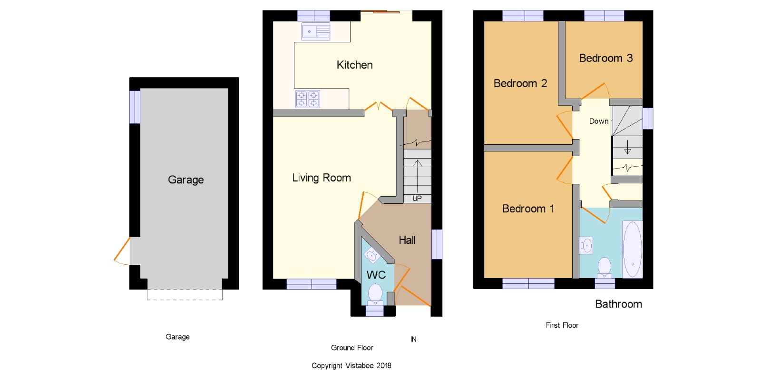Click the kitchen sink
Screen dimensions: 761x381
coord(316,31)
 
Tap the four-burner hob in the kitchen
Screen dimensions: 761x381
coord(307,99)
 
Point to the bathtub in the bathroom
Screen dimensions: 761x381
coord(632,250)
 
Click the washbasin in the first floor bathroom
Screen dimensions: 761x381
coord(586,245)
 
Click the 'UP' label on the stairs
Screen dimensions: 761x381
coord(417,198)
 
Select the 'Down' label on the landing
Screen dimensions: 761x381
coord(599,121)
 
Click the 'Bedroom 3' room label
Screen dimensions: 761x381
coord(606,58)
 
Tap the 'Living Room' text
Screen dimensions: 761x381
coord(322,178)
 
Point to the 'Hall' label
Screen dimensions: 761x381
coord(407,240)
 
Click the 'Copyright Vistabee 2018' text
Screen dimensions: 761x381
coord(351,366)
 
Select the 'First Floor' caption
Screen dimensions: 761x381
coord(562,325)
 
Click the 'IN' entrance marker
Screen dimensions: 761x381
coord(413,339)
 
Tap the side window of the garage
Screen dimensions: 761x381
coord(135,107)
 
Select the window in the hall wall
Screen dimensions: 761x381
coord(437,244)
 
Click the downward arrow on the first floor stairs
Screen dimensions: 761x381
coord(627,147)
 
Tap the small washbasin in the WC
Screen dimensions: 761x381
coord(371,255)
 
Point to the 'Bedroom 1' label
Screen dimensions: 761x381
coord(528,209)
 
